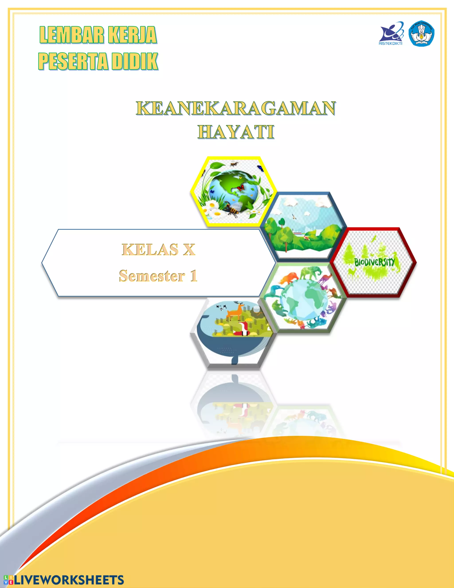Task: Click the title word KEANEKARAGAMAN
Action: [x=236, y=108]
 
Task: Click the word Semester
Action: [x=152, y=276]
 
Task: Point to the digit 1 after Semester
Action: [x=194, y=276]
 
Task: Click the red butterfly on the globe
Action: [x=240, y=188]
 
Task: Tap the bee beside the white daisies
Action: [x=233, y=210]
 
